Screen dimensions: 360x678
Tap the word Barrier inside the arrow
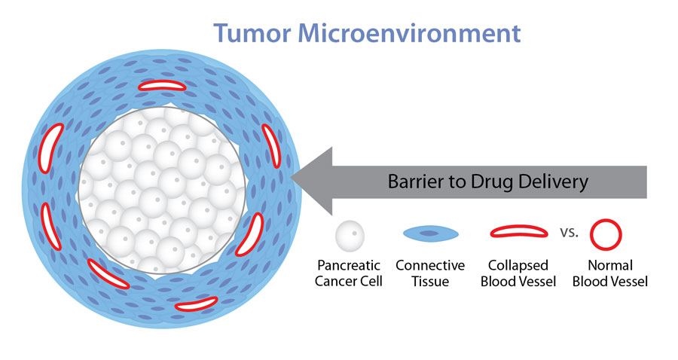point(413,182)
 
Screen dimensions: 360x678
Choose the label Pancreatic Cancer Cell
point(350,273)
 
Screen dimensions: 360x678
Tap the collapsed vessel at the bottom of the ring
point(196,304)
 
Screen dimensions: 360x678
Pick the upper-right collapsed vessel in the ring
point(271,145)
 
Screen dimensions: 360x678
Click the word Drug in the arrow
point(488,182)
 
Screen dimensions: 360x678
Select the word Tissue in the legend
point(430,282)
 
